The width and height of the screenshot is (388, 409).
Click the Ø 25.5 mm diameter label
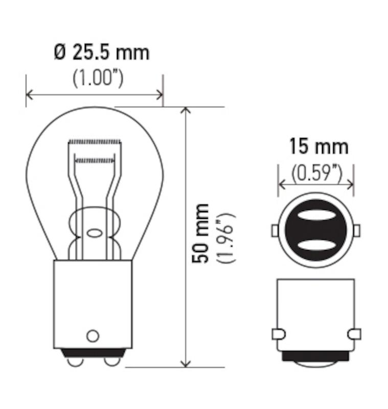102,52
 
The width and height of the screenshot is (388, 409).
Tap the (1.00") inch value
98,78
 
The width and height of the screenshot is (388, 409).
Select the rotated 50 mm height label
201,233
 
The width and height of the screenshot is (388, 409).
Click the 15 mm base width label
318,147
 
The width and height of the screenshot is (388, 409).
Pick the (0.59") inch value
316,174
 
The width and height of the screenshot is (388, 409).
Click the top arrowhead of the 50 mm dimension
186,111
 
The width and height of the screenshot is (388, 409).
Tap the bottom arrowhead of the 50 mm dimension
186,362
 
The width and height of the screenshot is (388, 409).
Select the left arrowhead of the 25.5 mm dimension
30,95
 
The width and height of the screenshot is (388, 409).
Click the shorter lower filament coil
95,161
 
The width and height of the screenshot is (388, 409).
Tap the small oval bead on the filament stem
94,233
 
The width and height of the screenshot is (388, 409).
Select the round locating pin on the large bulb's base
93,336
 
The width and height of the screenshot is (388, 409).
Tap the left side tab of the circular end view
275,231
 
